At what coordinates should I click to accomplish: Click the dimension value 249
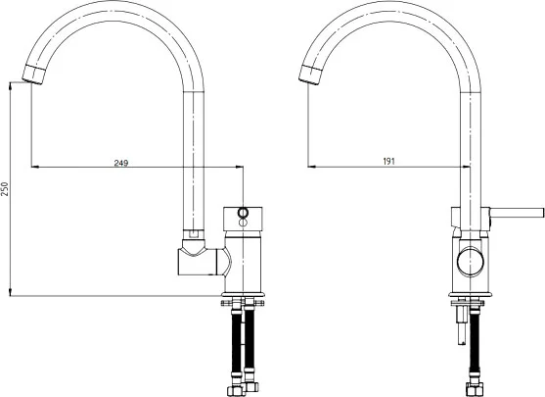121,163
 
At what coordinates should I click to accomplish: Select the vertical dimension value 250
5,189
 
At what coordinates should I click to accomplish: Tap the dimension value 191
389,161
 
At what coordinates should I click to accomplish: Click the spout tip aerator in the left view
34,74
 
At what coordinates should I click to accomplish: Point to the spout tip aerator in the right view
309,74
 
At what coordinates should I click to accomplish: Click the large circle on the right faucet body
471,261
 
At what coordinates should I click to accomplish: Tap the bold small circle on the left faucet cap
243,212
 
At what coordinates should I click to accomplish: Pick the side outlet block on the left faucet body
198,262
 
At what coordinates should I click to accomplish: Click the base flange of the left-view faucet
243,294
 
